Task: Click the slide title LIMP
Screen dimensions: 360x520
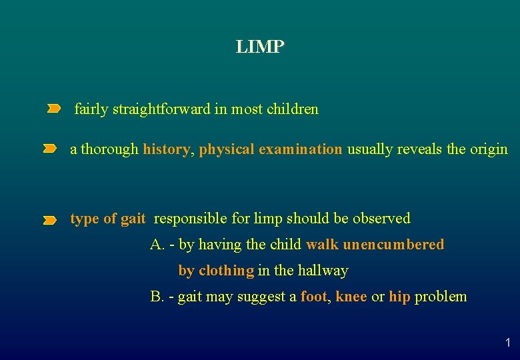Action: click(x=260, y=47)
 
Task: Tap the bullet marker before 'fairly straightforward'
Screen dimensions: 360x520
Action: click(x=53, y=109)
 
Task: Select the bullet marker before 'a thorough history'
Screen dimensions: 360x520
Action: click(x=49, y=149)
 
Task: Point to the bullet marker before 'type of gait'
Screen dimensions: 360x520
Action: click(x=49, y=219)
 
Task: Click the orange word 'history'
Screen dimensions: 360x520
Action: click(x=167, y=149)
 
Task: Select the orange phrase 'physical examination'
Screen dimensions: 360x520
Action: click(x=270, y=149)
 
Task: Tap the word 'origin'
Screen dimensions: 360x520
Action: click(x=488, y=149)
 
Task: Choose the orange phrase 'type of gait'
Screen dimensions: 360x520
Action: click(x=107, y=219)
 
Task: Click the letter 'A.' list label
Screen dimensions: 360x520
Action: click(x=157, y=245)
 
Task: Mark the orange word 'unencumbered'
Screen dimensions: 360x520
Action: click(x=393, y=245)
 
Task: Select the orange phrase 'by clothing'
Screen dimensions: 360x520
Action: click(x=216, y=271)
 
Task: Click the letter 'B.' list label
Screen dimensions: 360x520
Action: click(x=157, y=297)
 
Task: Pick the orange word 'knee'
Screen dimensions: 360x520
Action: click(x=351, y=297)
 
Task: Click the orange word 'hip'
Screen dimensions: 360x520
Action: click(x=399, y=297)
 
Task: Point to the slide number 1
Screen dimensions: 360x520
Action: click(x=507, y=343)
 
